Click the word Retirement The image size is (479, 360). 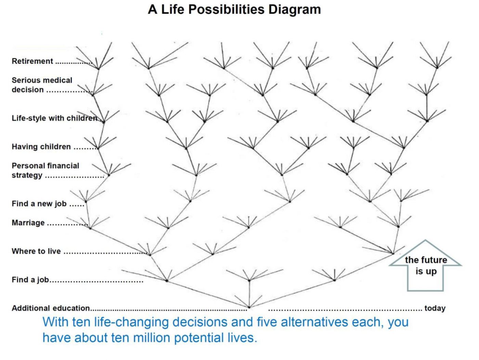(32, 61)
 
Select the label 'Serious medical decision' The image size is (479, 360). (42, 85)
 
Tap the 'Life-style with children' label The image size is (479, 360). (54, 118)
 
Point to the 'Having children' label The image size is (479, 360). (41, 146)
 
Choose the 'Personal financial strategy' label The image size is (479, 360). (46, 170)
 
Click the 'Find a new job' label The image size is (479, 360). (39, 204)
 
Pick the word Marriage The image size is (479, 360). (28, 222)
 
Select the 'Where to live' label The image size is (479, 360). (36, 251)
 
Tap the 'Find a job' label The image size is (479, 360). (30, 280)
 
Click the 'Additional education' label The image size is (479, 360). (51, 308)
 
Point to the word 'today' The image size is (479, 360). (435, 308)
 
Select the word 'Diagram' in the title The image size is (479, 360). (294, 10)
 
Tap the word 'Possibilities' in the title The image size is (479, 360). (226, 10)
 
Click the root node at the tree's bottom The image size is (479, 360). (249, 307)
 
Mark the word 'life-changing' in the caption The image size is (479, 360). (131, 322)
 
